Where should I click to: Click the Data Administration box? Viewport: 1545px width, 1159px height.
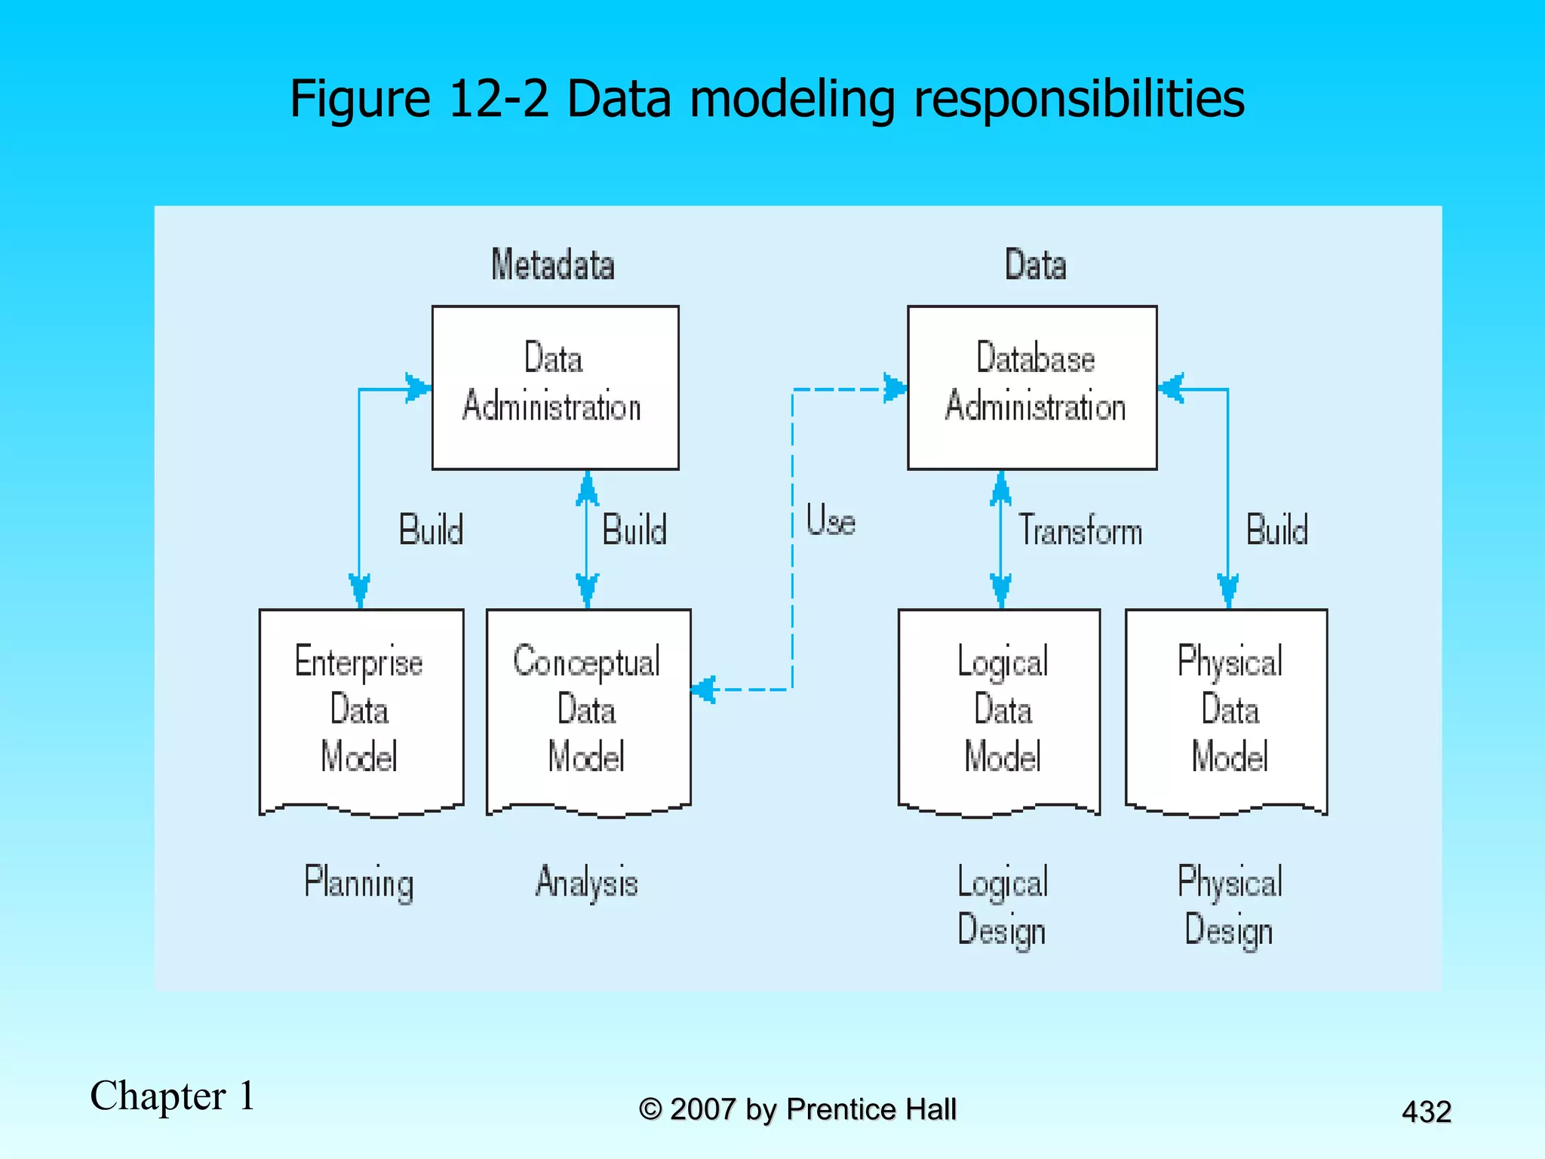click(x=554, y=387)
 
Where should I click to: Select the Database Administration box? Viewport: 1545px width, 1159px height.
click(x=1031, y=387)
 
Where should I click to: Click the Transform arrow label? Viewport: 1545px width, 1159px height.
click(x=1080, y=530)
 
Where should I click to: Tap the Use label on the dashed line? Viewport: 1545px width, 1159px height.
click(x=830, y=521)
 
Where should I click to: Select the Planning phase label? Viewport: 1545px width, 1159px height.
click(x=359, y=882)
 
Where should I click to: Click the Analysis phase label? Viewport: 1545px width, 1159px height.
click(x=587, y=882)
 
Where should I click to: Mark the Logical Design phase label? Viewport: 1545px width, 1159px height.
click(x=1002, y=905)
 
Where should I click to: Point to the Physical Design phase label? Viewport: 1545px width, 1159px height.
click(x=1229, y=905)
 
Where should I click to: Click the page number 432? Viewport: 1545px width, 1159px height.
click(x=1426, y=1111)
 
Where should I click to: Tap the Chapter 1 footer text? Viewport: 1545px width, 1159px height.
click(x=172, y=1096)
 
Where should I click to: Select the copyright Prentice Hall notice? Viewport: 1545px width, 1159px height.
click(x=797, y=1109)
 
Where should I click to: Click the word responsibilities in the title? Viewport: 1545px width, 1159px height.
click(x=1079, y=99)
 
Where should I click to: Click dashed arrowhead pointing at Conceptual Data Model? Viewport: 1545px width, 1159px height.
click(x=703, y=689)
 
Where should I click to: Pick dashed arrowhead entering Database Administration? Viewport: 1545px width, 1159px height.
click(x=895, y=389)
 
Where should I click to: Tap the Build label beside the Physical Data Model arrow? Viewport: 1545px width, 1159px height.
click(x=1276, y=530)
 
